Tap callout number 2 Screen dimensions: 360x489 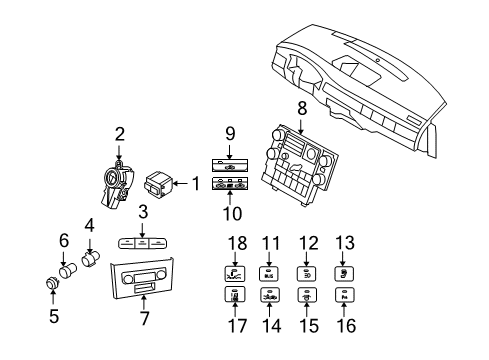[119, 134]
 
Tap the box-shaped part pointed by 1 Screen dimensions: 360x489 [158, 185]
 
